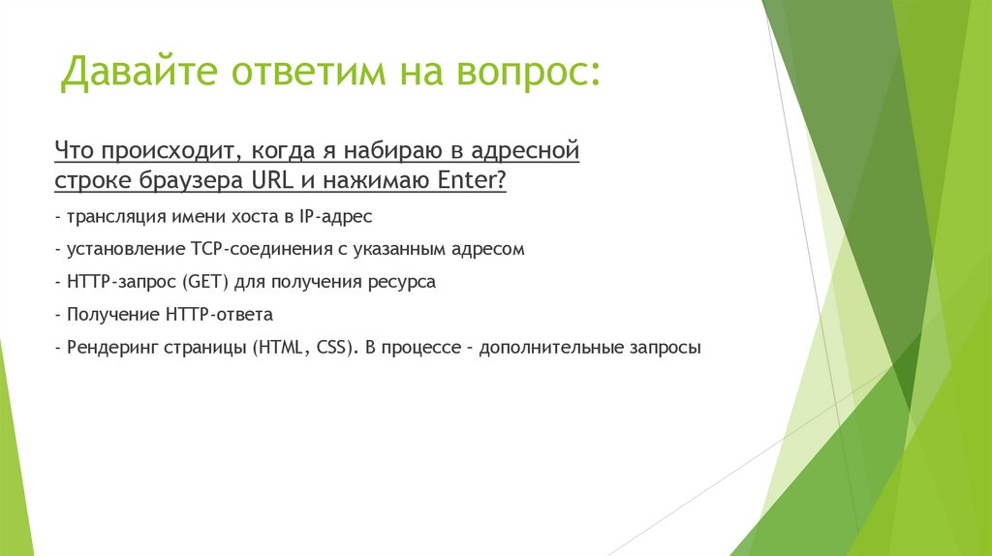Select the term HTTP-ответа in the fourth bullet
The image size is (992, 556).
point(219,315)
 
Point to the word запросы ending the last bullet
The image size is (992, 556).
point(665,349)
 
